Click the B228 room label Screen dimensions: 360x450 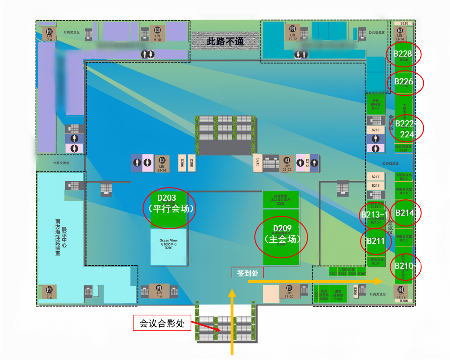403,54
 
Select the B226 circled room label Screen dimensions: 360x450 404,82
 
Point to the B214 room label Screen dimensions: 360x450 405,213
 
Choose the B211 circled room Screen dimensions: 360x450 375,241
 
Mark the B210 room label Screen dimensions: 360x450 404,266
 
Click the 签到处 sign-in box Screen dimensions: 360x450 248,273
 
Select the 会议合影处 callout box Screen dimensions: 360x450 162,323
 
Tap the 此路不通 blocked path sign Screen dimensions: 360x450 225,41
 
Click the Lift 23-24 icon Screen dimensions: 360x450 162,163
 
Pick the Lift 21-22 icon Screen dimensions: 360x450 287,163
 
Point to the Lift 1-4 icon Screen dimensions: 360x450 159,291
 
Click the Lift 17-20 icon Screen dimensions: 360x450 289,291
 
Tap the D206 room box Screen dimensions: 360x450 182,163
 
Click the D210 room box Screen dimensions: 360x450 258,163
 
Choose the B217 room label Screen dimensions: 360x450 375,177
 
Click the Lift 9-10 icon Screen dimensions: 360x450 157,33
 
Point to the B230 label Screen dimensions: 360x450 404,24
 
